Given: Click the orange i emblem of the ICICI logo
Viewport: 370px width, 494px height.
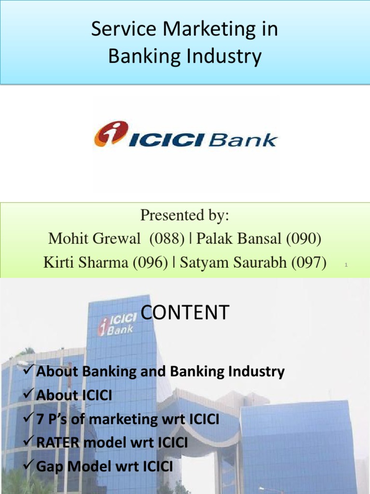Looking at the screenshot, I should (x=111, y=133).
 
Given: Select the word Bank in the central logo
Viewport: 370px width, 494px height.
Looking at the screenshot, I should (x=249, y=140).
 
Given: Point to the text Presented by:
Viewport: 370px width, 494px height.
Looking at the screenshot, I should (x=185, y=216).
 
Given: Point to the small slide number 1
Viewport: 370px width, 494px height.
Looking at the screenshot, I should (x=346, y=265).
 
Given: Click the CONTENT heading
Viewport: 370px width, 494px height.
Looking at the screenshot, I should (x=185, y=313).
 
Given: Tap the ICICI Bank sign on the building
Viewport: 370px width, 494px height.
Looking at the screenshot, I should (x=117, y=324).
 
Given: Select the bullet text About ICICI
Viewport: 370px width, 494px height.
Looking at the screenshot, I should (x=74, y=396).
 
